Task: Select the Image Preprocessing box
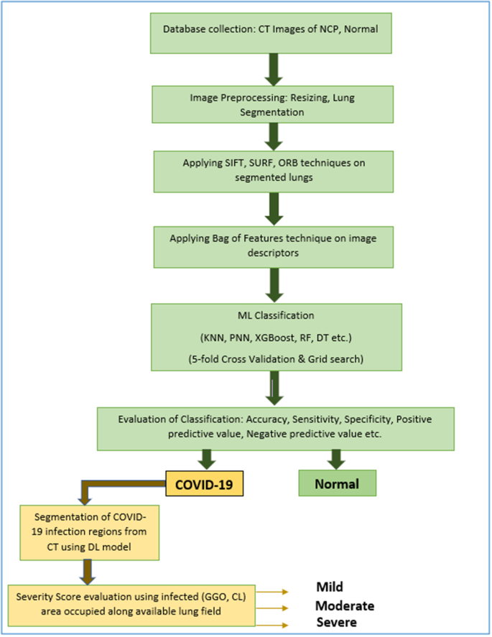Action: (x=271, y=104)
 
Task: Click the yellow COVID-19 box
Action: (x=205, y=483)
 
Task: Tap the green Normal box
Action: (x=337, y=483)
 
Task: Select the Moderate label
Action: (x=345, y=605)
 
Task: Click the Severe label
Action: (x=337, y=621)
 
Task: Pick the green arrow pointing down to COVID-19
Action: (x=207, y=457)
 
